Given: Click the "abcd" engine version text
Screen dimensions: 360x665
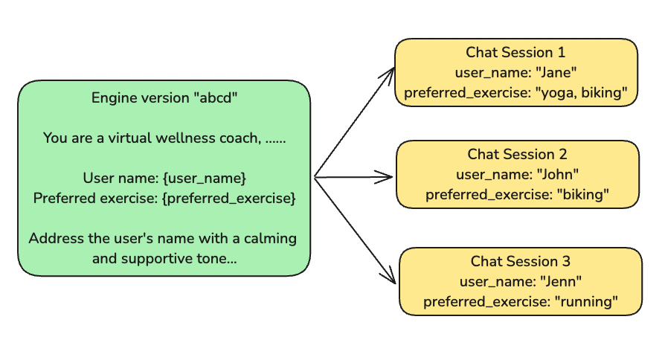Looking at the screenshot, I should pyautogui.click(x=217, y=98).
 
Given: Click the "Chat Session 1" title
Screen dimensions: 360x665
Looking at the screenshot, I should pyautogui.click(x=515, y=53).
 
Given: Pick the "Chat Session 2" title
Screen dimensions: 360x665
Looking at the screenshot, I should pyautogui.click(x=517, y=155).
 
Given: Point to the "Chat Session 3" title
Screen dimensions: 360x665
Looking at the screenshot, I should pyautogui.click(x=520, y=262).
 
